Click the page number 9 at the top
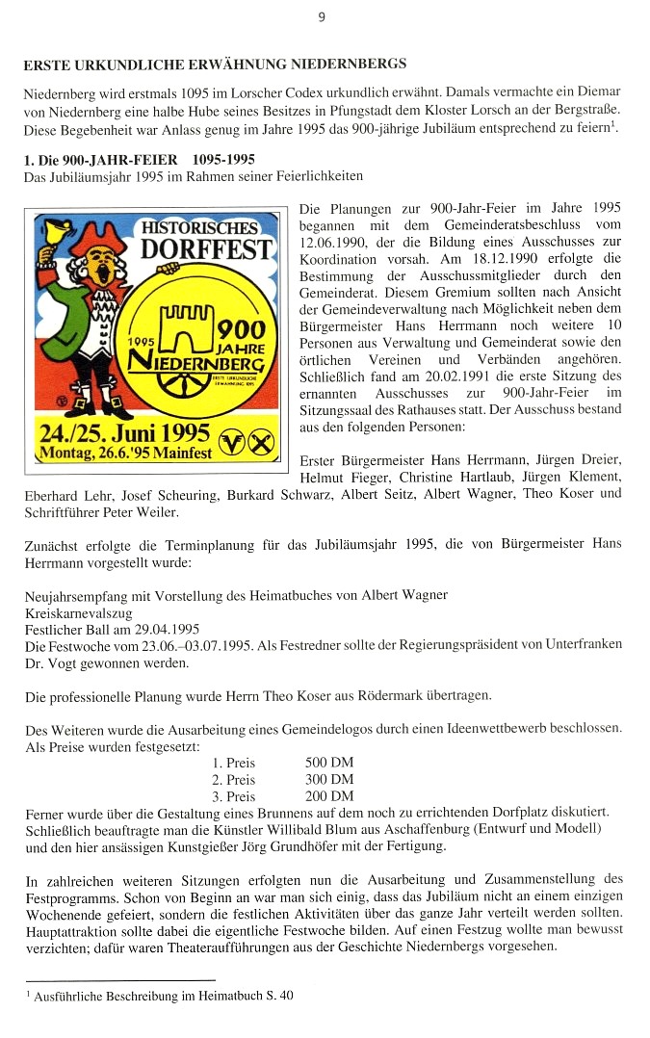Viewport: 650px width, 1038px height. [322, 16]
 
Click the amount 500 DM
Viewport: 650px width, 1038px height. [329, 762]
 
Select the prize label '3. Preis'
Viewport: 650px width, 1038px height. [234, 796]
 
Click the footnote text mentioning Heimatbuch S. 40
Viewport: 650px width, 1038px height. [163, 998]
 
